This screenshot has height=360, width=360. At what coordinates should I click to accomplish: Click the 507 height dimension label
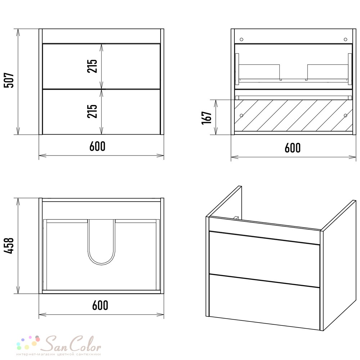(x=9, y=80)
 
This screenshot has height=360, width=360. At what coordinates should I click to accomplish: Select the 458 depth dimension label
(x=9, y=246)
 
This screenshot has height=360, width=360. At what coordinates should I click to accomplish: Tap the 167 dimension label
(x=207, y=118)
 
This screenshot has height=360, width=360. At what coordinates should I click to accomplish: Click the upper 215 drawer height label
(x=92, y=66)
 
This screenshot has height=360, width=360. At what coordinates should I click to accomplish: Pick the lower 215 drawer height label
(x=92, y=111)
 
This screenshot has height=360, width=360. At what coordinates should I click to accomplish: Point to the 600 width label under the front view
(x=97, y=146)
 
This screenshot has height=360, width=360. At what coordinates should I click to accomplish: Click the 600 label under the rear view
(x=292, y=148)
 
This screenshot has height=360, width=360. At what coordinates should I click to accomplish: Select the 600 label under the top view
(x=100, y=305)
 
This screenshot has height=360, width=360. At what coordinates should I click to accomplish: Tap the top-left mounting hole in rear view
(x=241, y=40)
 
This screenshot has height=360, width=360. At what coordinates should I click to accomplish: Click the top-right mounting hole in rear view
(x=346, y=40)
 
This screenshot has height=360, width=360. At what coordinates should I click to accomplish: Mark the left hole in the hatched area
(x=241, y=115)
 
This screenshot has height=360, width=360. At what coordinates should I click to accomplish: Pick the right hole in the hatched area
(x=346, y=115)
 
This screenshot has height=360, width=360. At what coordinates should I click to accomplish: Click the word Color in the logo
(x=85, y=344)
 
